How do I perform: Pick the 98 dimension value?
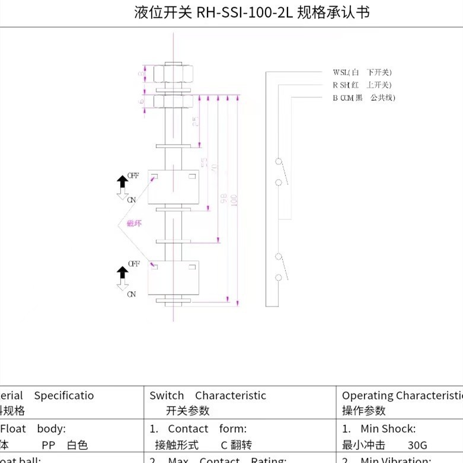tap(223, 197)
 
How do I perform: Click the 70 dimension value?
tap(214, 168)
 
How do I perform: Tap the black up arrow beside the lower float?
tap(122, 273)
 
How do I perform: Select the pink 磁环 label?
tap(135, 223)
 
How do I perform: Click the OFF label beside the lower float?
tap(133, 263)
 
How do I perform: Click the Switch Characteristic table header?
tap(207, 395)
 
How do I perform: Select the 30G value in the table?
tap(417, 445)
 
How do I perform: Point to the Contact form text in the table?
tap(207, 429)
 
